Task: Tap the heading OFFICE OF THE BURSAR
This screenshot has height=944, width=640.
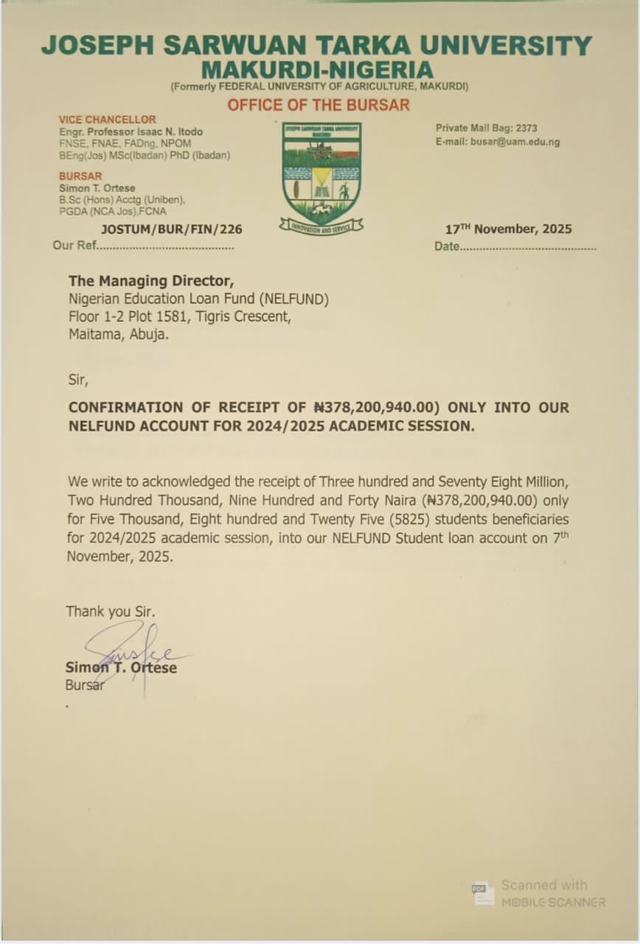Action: [318, 105]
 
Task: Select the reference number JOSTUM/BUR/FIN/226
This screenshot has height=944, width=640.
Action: [171, 229]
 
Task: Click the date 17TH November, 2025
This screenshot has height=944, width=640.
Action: [508, 229]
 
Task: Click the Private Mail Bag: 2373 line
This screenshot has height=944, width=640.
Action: [486, 128]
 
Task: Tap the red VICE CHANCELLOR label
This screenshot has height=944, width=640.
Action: [108, 119]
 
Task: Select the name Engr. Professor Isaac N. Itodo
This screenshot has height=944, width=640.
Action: [131, 132]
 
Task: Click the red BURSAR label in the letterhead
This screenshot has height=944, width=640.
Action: [80, 176]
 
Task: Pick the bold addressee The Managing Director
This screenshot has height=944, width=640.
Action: [151, 281]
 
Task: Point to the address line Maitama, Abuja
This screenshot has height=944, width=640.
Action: [118, 335]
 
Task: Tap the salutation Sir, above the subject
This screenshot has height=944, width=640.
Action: [77, 381]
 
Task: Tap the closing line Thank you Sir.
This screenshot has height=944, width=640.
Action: [111, 611]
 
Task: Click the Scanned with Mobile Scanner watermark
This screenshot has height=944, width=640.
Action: [540, 893]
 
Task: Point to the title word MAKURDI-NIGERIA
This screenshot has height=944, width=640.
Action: [317, 71]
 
